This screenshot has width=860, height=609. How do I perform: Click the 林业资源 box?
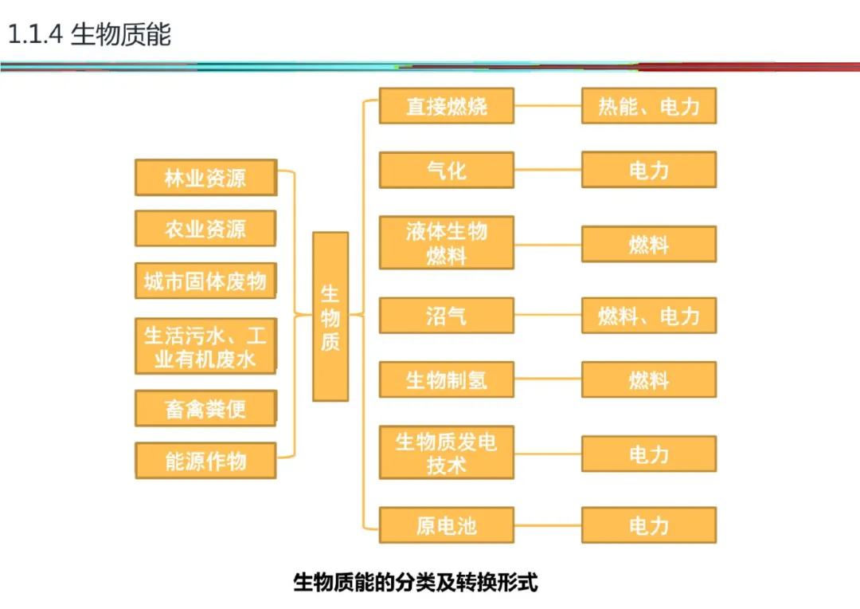(x=205, y=178)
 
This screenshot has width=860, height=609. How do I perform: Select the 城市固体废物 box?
(x=205, y=281)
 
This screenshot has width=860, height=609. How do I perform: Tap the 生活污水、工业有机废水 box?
(x=205, y=346)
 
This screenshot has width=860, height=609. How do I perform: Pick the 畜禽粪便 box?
(x=205, y=408)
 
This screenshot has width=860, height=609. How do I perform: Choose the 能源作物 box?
(x=205, y=461)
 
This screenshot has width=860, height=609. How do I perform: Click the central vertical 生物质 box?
(x=330, y=316)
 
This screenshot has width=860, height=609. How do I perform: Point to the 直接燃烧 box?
(x=446, y=106)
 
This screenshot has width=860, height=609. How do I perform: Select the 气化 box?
(x=446, y=170)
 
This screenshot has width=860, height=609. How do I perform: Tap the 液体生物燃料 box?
(x=446, y=243)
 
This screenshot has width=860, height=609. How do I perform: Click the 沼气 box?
(x=446, y=316)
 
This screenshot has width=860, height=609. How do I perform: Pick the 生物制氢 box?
(x=446, y=379)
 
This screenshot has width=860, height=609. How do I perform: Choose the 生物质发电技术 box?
(x=446, y=453)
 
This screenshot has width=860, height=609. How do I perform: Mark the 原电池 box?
(x=446, y=525)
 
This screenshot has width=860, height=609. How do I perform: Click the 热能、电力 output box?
(x=648, y=106)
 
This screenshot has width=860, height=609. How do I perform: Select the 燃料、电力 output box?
(x=648, y=316)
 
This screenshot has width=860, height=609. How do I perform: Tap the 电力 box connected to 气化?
(x=648, y=170)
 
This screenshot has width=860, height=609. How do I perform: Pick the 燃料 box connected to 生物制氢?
(x=648, y=379)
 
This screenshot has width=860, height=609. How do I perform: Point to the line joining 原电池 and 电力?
(x=548, y=526)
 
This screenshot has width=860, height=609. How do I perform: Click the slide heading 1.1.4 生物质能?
(x=89, y=35)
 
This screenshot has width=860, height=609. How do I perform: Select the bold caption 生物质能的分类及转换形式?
(x=416, y=582)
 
